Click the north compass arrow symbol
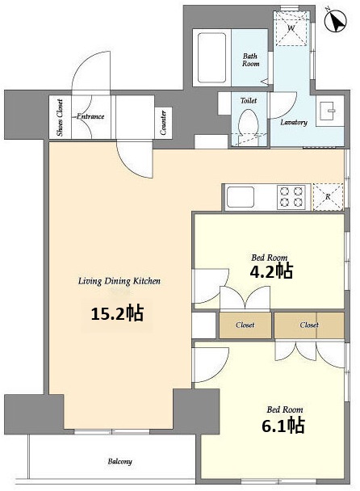pos(336,21)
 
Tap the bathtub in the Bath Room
pos(212,58)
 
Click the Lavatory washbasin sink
pos(329,111)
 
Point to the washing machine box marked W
pos(291,29)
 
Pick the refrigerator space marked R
pos(328,197)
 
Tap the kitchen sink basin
pos(241,197)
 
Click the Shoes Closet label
pos(60,117)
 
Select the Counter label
pos(163,123)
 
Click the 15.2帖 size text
pos(117,313)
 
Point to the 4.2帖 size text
pos(271,271)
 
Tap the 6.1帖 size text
pos(283,426)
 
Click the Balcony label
pos(120,462)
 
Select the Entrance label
pos(90,116)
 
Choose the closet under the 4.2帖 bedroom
pos(245,325)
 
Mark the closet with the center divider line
pos(309,325)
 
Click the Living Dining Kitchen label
pos(119,281)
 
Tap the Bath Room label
pos(250,60)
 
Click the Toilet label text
pos(249,100)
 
